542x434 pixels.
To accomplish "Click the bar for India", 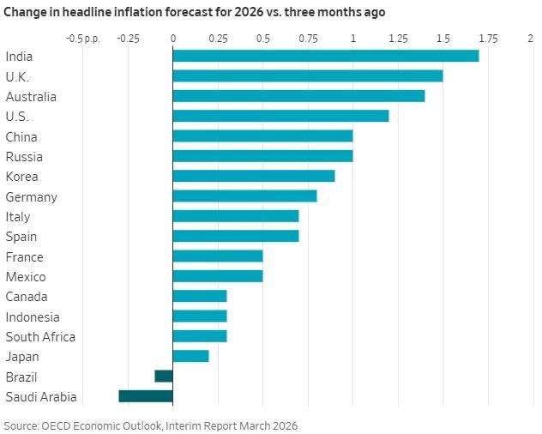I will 326,56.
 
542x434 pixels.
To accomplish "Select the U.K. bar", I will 308,75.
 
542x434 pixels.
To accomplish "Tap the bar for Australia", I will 298,96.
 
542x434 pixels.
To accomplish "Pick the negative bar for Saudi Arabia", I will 146,396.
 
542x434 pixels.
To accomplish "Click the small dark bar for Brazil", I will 164,376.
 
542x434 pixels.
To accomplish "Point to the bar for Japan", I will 190,356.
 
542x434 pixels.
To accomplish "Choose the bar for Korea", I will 254,176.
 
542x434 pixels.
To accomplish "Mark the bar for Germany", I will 244,196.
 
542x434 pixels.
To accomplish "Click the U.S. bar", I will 280,116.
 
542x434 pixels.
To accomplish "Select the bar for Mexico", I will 218,276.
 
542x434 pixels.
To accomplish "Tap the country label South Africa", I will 40,337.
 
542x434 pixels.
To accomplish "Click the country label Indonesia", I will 33,316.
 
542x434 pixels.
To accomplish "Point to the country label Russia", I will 24,157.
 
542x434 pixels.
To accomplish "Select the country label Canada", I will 26,297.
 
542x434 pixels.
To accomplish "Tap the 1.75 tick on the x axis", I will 488,39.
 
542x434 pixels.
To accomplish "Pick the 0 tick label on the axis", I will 172,39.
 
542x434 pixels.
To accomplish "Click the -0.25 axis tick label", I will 128,39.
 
